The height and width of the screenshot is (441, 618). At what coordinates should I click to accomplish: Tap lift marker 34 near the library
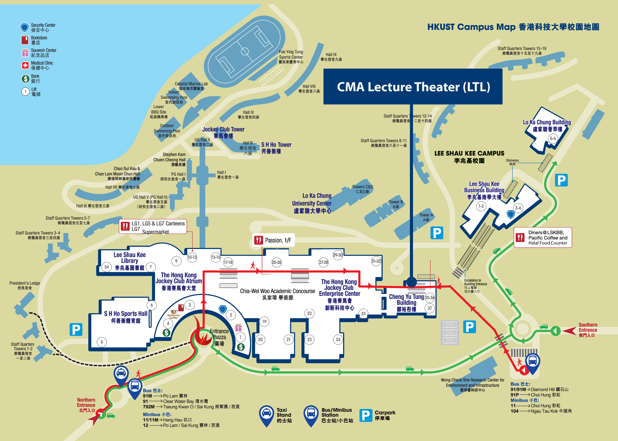tap(107, 267)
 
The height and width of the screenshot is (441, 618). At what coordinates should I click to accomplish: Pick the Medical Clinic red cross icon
tap(25, 65)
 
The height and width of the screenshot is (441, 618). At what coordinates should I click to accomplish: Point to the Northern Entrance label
tap(86, 405)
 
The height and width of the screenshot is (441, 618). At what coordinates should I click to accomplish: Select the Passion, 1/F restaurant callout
tap(273, 240)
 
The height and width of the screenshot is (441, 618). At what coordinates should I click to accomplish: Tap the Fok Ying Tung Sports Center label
tap(291, 57)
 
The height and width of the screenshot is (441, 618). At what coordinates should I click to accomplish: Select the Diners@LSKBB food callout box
tap(543, 237)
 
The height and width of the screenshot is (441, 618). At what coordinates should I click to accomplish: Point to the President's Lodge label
tap(25, 285)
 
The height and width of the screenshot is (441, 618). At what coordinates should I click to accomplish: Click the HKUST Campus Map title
tap(513, 27)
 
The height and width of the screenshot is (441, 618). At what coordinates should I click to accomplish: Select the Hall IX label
tap(331, 57)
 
